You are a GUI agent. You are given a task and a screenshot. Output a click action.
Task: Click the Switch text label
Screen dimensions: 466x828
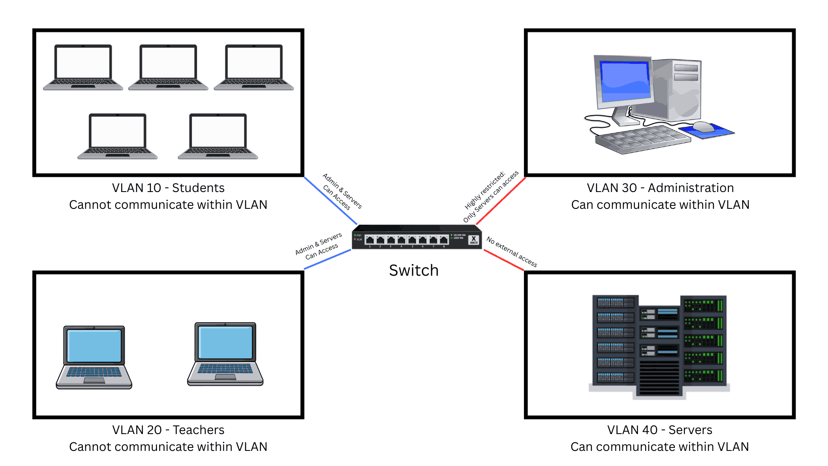point(414,271)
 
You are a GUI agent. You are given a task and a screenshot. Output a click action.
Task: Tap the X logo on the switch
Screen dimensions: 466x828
point(474,239)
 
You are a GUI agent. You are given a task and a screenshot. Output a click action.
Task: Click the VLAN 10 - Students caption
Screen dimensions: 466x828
point(168,188)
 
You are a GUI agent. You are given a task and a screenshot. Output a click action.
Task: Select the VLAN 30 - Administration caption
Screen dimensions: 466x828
point(660,188)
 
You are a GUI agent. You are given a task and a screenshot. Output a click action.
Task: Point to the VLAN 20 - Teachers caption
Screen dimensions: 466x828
point(168,430)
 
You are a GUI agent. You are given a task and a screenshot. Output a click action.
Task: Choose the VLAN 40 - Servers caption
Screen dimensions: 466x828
point(659,430)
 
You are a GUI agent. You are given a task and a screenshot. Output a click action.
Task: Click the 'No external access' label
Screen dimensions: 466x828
point(511,252)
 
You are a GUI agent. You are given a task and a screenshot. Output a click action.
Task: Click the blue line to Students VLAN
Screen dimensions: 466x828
point(330,201)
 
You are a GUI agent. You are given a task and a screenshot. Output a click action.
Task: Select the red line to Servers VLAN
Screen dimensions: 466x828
point(503,260)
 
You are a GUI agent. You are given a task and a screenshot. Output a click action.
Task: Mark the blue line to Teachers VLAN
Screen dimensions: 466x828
point(328,259)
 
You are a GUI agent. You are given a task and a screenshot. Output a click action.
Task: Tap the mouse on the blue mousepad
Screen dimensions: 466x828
point(703,126)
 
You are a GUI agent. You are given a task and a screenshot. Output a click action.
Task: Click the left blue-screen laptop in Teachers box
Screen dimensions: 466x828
point(94,357)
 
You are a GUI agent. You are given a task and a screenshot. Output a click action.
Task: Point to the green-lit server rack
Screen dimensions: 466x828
point(703,341)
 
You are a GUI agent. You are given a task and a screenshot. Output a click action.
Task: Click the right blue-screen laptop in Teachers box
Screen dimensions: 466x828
point(225,354)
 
